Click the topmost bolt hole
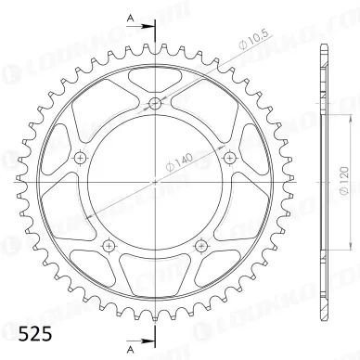(x=154, y=104)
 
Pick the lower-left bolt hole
(x=109, y=245)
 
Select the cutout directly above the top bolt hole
(x=154, y=78)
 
